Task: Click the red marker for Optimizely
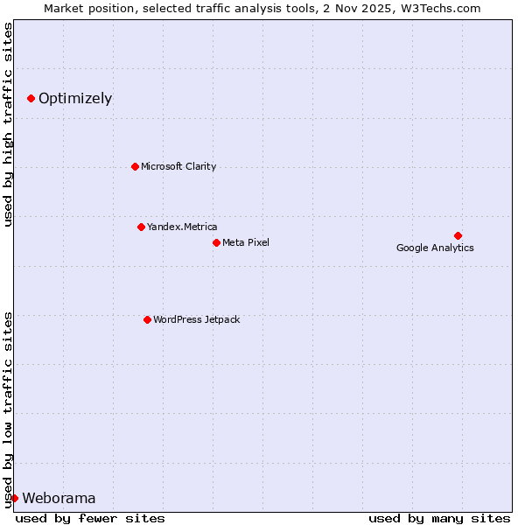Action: [31, 98]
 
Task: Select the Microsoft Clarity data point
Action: [135, 166]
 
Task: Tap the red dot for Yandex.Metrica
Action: [141, 227]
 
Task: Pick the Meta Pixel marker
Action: [216, 242]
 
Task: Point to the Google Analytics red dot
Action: [458, 235]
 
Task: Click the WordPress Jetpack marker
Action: [147, 319]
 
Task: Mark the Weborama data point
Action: [14, 498]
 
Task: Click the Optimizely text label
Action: [75, 98]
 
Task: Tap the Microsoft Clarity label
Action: [178, 166]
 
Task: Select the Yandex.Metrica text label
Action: [182, 227]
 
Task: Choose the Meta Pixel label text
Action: [246, 242]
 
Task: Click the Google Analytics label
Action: [435, 248]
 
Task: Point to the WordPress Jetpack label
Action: [196, 319]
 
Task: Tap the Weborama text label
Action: [59, 499]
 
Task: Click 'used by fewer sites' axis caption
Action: [90, 518]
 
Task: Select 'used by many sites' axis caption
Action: [439, 518]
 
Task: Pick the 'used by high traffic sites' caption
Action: [9, 124]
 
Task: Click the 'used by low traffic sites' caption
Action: [9, 409]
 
